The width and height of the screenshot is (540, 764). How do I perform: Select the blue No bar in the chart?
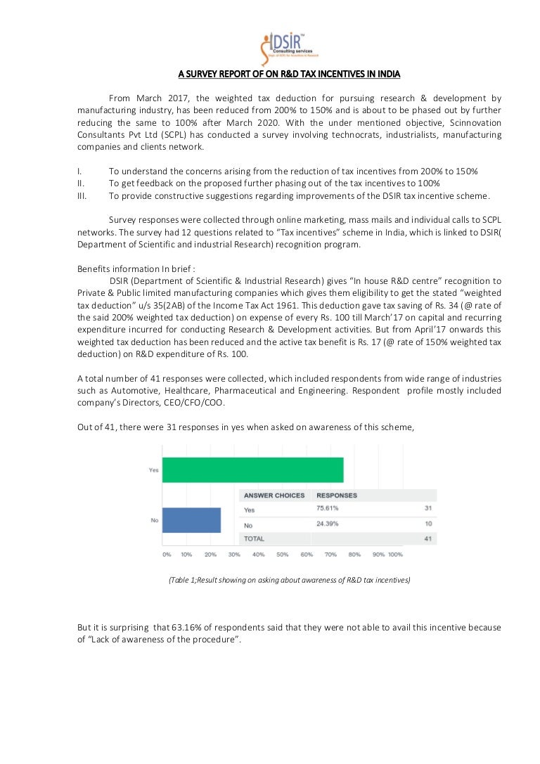coord(191,520)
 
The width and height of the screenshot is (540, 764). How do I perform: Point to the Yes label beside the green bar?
coord(153,470)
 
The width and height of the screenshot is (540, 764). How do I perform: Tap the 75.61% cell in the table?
coord(328,508)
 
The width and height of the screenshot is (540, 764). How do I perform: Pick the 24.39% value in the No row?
coord(328,524)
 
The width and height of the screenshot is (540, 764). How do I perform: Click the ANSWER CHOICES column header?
coord(274,496)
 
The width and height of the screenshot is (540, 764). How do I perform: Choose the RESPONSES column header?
coord(337,496)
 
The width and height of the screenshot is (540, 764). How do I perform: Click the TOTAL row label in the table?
coord(254,539)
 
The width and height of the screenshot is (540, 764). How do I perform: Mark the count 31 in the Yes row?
coord(427,508)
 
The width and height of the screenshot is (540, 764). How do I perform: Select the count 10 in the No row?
coord(427,524)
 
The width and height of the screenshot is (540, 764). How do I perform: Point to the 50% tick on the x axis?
coord(282,555)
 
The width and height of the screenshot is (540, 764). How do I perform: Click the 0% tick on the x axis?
coord(167,555)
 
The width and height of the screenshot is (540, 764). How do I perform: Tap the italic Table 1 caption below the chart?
coord(289,580)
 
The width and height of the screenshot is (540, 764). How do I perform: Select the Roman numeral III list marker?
coord(82,196)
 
